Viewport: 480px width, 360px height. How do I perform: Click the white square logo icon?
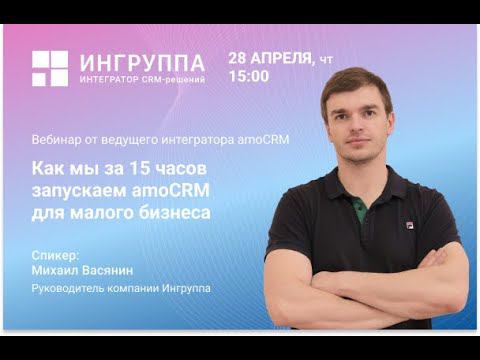pos(49,68)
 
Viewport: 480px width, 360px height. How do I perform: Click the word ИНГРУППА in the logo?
pos(142,62)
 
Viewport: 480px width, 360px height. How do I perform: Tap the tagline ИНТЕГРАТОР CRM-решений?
pos(142,80)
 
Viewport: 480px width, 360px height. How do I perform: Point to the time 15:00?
pos(248,76)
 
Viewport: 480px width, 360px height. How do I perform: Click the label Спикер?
pos(54,256)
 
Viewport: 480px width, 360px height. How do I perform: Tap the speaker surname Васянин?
pos(127,272)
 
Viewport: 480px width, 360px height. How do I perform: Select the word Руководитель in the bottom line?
pos(67,291)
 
